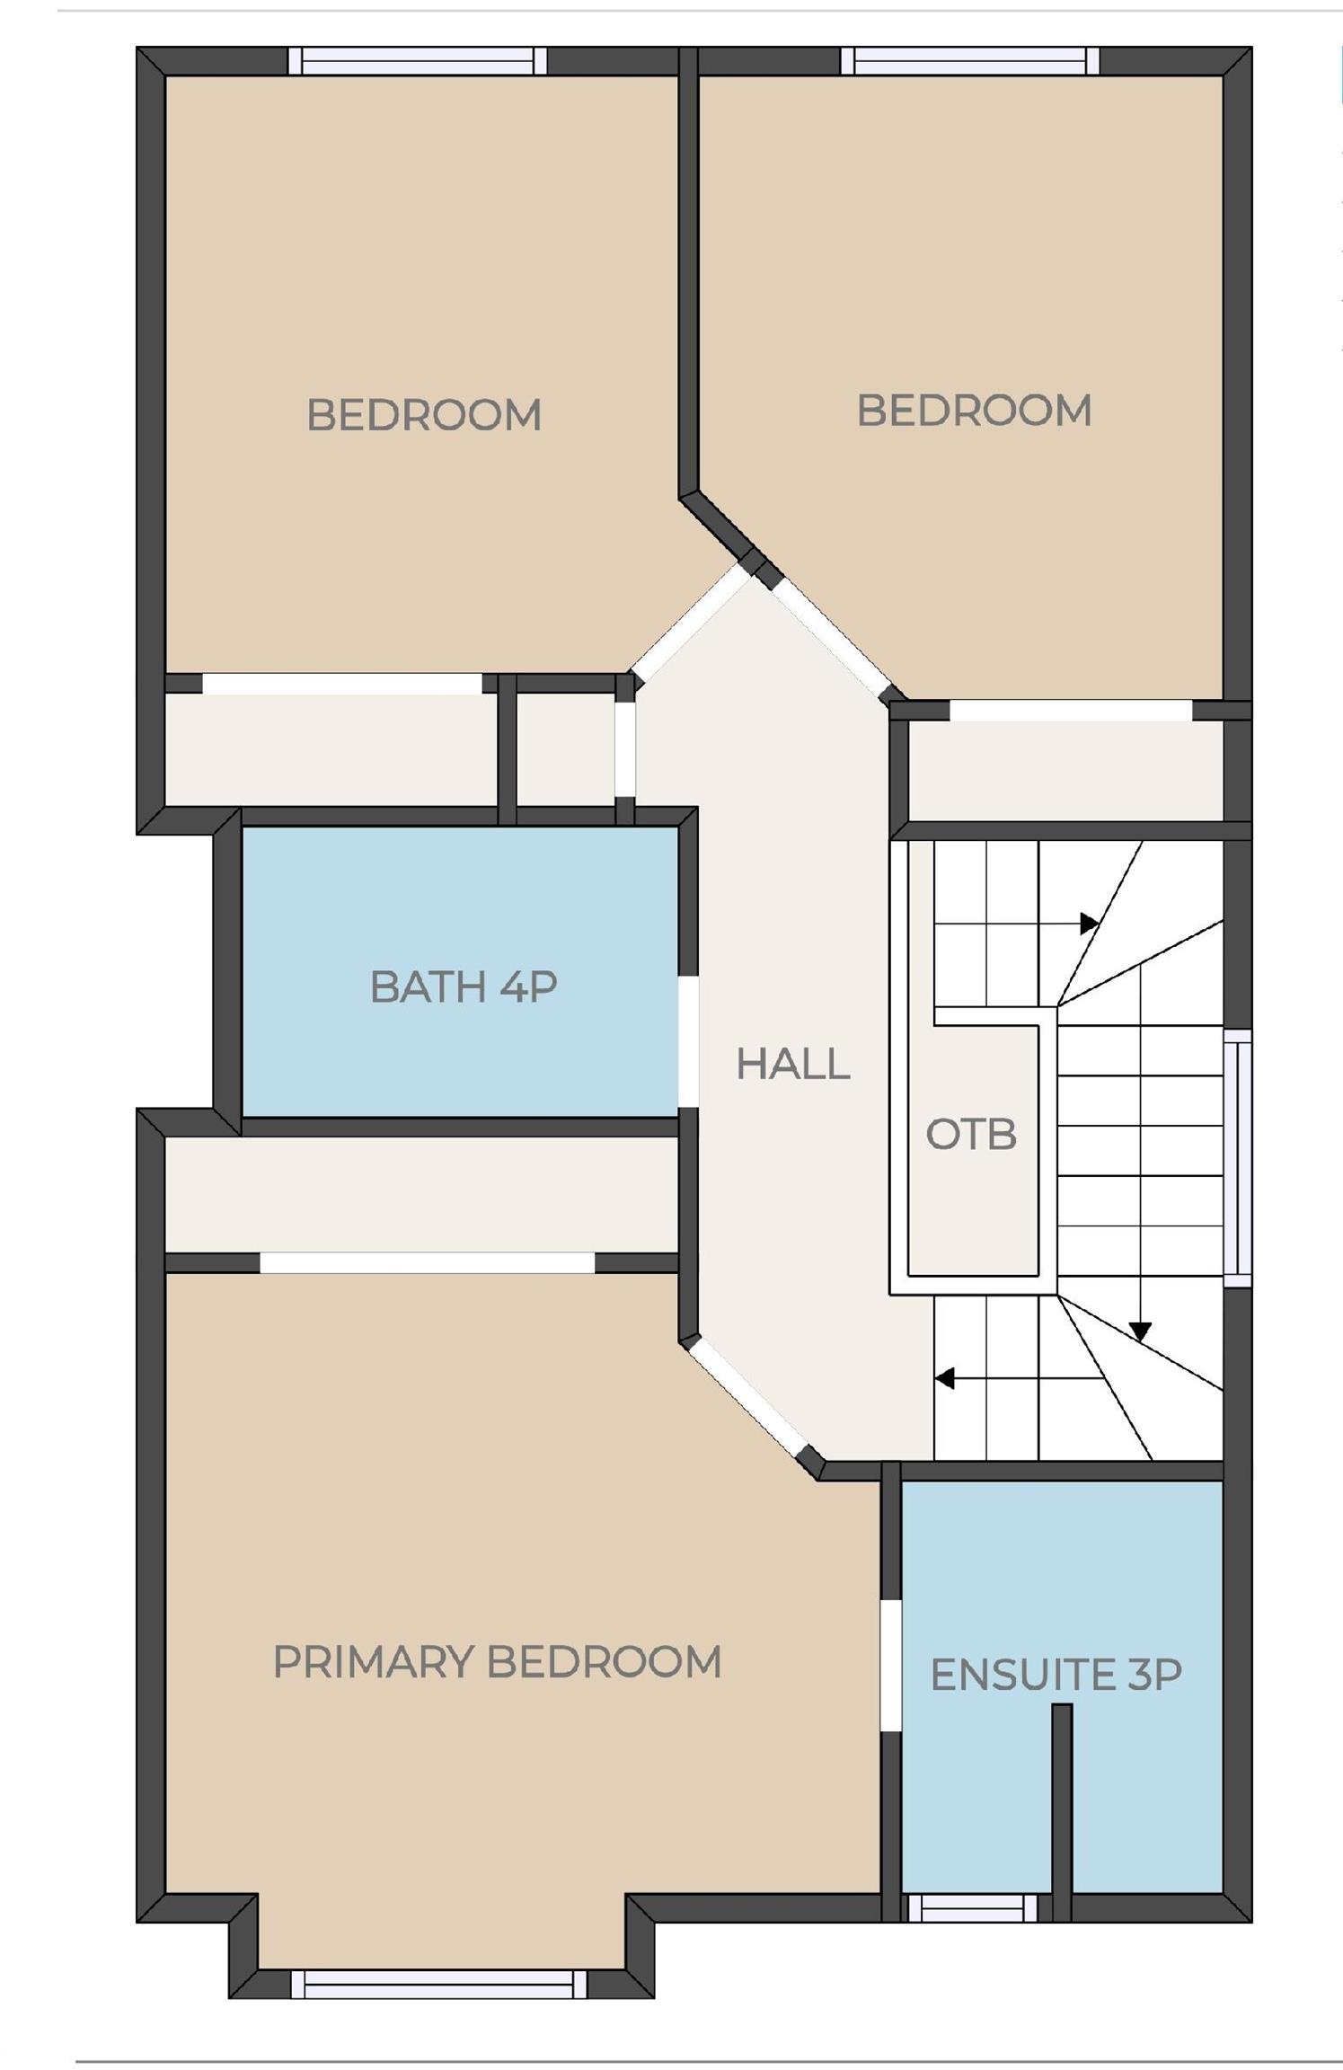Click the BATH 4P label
464,986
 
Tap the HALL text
792,1065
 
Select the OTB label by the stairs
971,1135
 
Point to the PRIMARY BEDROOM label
497,1662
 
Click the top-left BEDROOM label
423,415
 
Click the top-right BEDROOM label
974,411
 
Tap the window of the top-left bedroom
418,61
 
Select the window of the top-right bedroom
970,61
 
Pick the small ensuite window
973,1909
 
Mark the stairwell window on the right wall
1238,1158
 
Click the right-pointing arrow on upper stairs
1089,923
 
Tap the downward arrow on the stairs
1140,1331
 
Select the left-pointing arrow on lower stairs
944,1377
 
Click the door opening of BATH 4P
688,1042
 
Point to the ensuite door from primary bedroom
889,1665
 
